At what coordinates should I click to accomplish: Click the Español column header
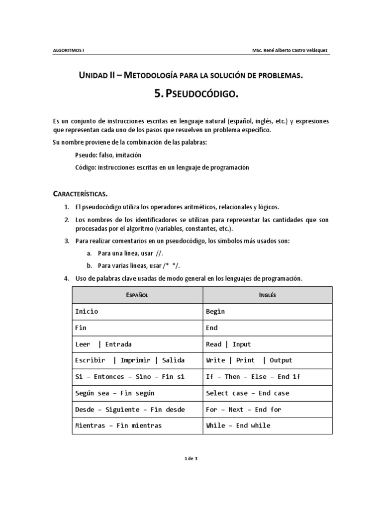(x=137, y=295)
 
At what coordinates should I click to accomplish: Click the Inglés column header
(x=267, y=295)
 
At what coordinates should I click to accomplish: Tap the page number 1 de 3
(x=191, y=458)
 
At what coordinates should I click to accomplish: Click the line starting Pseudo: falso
(x=104, y=155)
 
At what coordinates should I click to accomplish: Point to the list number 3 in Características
(x=67, y=241)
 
